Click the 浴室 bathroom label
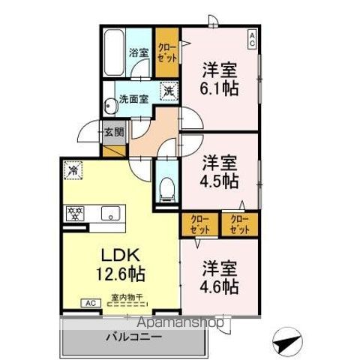click(x=137, y=54)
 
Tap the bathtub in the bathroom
click(x=115, y=51)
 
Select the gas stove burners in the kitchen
click(x=75, y=212)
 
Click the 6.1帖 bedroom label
click(x=218, y=77)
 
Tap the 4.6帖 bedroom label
click(x=219, y=277)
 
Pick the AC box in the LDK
click(x=89, y=303)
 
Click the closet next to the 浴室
click(x=166, y=50)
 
